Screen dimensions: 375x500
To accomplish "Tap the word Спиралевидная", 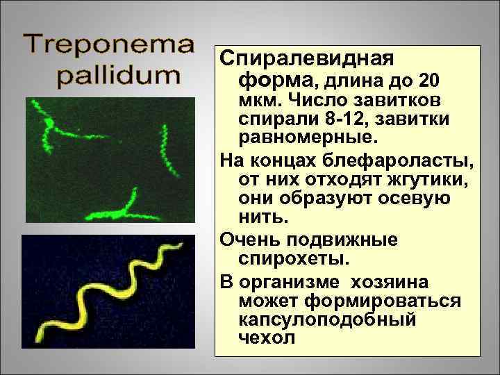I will [306, 58].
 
